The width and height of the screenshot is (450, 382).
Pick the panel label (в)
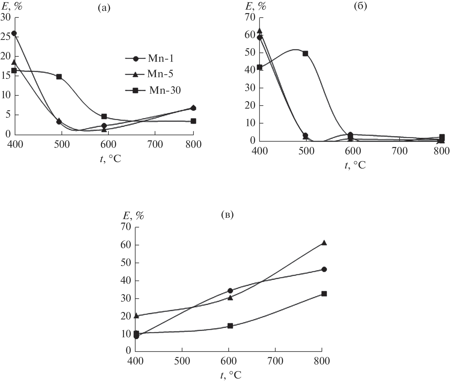227,215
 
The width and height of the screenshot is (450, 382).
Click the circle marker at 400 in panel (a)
14,34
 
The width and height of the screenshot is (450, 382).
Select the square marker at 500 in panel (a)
59,77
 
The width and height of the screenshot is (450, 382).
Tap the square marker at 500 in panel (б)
305,54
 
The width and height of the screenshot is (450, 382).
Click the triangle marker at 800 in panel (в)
324,243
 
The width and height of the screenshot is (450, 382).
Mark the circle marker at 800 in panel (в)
324,269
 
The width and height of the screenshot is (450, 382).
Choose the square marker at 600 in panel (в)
230,326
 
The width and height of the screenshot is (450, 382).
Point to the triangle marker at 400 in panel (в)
136,316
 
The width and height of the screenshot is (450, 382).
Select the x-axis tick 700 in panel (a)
155,145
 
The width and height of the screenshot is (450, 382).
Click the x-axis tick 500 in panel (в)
182,361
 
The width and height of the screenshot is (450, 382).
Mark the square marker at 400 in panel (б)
259,67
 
